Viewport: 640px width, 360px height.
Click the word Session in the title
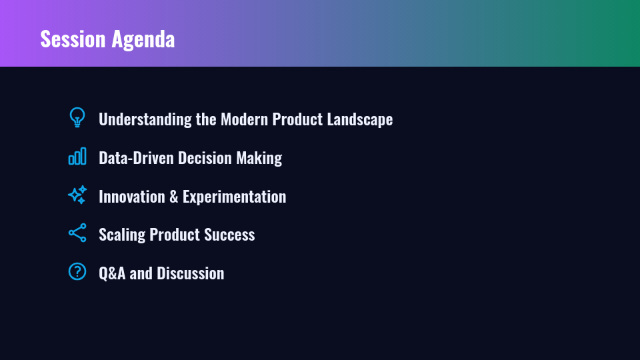click(73, 39)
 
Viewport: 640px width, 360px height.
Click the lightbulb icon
click(77, 117)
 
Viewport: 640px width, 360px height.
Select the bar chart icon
click(77, 156)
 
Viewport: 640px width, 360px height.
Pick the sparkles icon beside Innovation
click(77, 195)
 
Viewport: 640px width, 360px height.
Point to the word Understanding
click(145, 119)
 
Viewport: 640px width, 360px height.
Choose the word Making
click(259, 159)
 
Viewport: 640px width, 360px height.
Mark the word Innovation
click(132, 197)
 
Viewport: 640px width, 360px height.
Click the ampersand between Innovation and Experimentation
click(174, 197)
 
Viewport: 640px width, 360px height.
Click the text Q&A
click(112, 274)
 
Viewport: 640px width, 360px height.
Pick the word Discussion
click(190, 273)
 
